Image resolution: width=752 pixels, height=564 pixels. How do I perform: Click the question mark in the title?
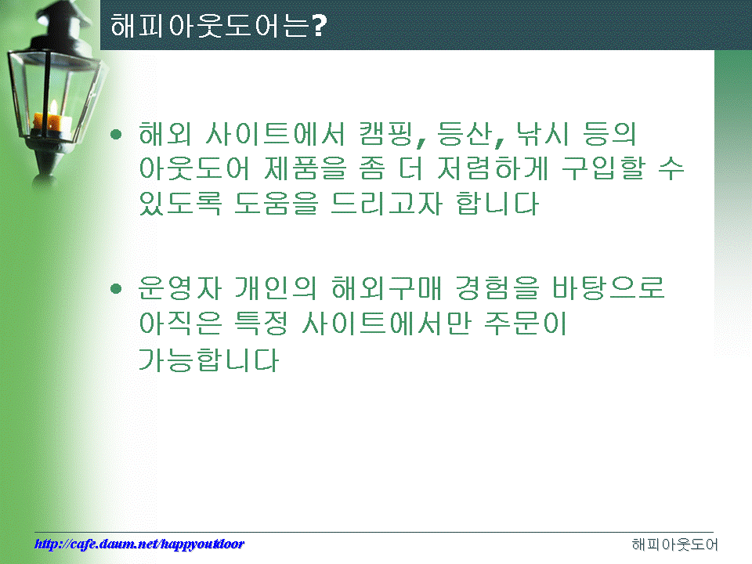(x=318, y=26)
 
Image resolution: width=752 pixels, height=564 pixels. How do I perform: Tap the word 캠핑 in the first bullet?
(x=385, y=134)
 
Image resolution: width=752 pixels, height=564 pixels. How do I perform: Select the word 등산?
(x=464, y=134)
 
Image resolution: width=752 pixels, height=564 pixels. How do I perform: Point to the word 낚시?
(x=541, y=134)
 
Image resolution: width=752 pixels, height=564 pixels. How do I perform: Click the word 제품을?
(x=305, y=169)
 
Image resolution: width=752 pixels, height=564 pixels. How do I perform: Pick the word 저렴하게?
(x=493, y=169)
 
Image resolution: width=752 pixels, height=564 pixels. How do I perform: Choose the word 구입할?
(x=604, y=169)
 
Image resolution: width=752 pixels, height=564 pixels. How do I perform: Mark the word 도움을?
(x=277, y=204)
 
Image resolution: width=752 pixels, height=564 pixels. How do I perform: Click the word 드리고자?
(x=386, y=204)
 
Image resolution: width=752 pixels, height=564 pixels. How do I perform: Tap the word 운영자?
(x=180, y=288)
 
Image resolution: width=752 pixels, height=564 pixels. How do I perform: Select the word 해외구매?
(x=386, y=288)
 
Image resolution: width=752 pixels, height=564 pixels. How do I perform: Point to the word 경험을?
(x=497, y=288)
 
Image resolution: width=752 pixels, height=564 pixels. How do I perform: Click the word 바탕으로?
(x=609, y=288)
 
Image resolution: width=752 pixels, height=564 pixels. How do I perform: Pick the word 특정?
(x=262, y=324)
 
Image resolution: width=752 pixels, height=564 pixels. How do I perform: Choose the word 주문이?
(x=526, y=324)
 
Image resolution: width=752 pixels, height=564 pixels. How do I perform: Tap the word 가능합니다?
(x=208, y=360)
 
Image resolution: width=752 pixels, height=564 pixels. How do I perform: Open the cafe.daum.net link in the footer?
(x=139, y=544)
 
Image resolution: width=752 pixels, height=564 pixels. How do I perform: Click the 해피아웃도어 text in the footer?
(x=674, y=544)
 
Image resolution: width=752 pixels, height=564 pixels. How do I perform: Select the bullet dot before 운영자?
(x=116, y=288)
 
